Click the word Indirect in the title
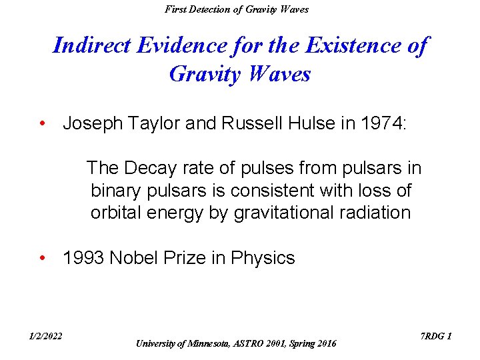coord(91,46)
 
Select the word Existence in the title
coord(347,46)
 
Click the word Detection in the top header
coord(212,9)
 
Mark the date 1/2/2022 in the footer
coord(45,336)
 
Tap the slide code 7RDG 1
coord(437,336)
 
